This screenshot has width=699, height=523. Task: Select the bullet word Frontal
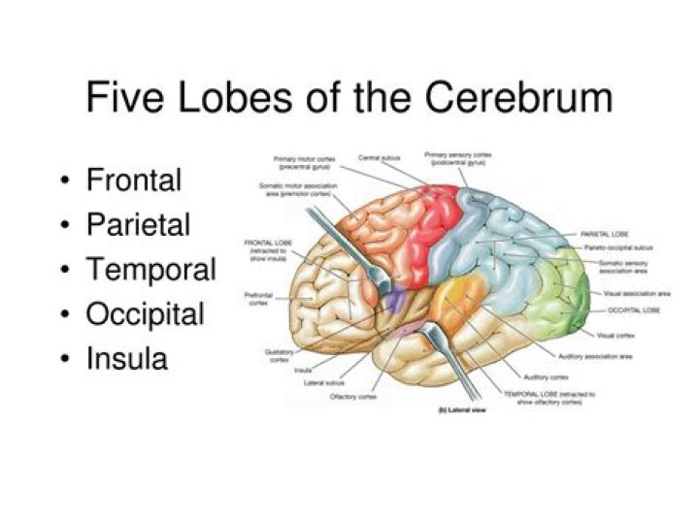[x=134, y=180]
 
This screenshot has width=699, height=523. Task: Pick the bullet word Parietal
[x=138, y=225]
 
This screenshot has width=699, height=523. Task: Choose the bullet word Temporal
[x=150, y=270]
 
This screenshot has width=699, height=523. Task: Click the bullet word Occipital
[x=145, y=314]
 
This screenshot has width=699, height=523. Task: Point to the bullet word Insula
[x=126, y=359]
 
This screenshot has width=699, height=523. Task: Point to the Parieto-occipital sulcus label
[x=618, y=249]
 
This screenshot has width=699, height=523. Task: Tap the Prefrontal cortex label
[x=259, y=299]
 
